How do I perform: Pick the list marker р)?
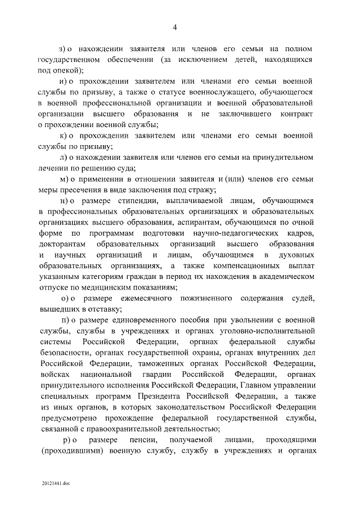pyautogui.click(x=73, y=440)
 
